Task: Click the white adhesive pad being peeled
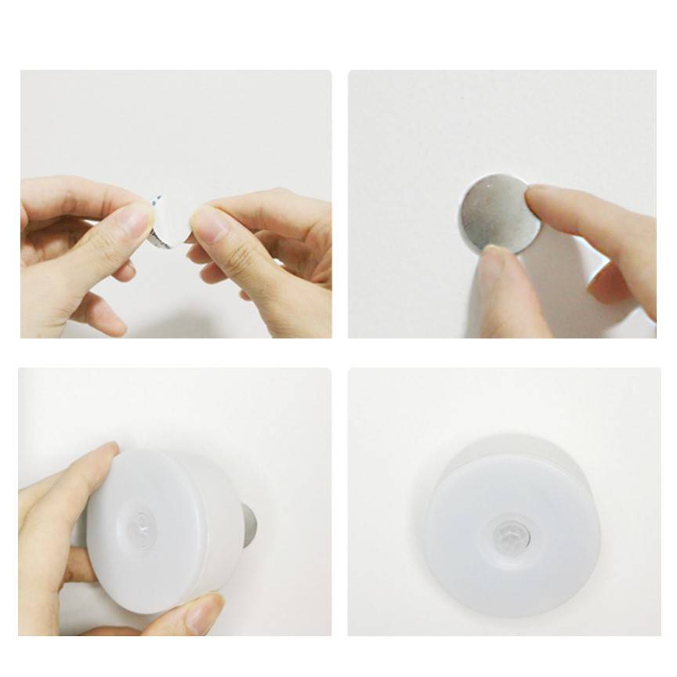[168, 219]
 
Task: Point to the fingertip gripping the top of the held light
[106, 454]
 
